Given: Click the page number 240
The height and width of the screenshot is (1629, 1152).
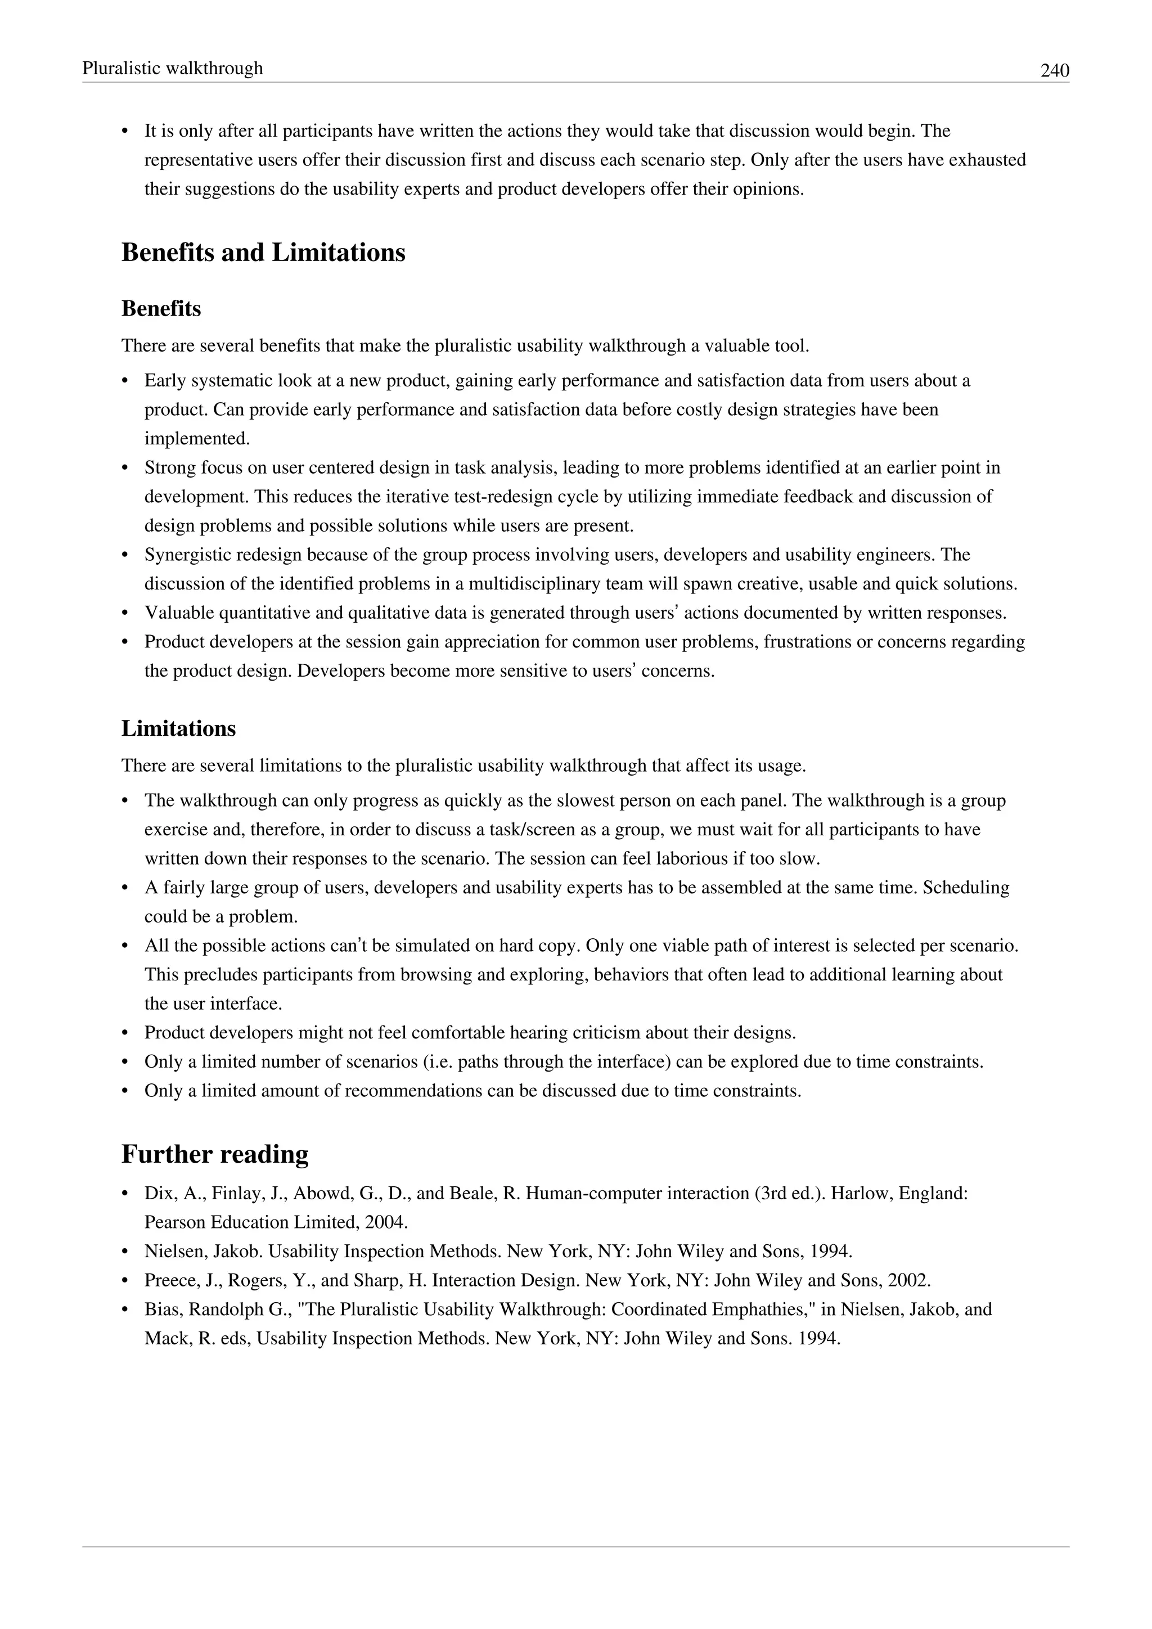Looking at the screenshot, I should [x=1054, y=70].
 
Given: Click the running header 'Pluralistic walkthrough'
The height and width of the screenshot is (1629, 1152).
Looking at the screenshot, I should [x=172, y=68].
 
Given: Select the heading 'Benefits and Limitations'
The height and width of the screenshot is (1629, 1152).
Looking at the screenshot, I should [x=263, y=253].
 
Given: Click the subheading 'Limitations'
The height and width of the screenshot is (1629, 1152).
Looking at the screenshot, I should [x=178, y=728].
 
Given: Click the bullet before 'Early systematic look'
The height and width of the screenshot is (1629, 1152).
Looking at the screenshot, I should [x=125, y=382].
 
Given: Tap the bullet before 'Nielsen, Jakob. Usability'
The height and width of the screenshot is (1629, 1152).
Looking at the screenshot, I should [x=125, y=1252].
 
